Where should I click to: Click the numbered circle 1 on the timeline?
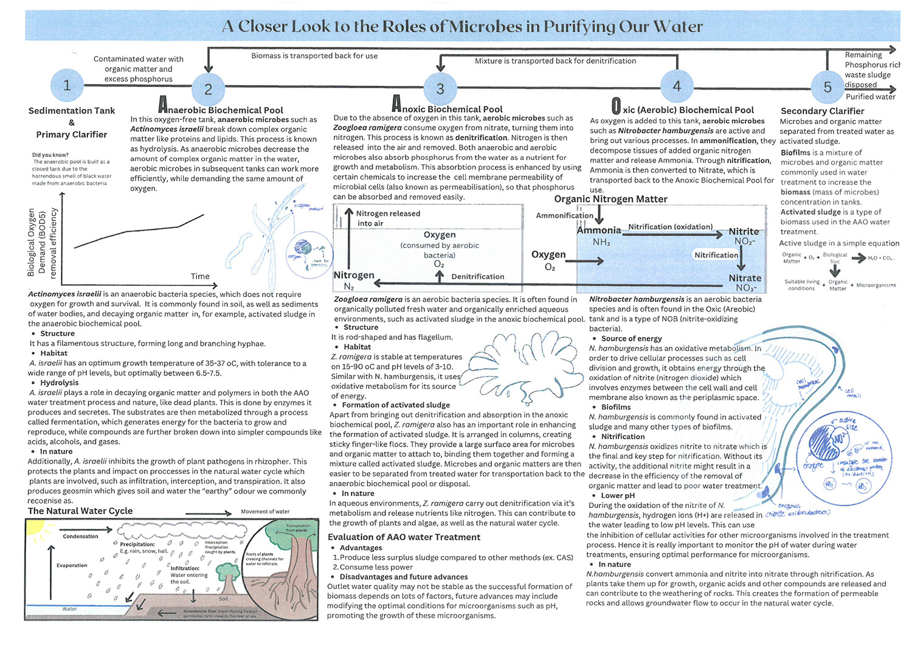pos(67,85)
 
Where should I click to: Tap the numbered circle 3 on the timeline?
pos(440,89)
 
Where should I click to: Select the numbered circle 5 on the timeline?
pos(827,88)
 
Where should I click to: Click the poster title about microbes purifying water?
pos(462,26)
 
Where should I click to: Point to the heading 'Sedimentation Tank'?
pos(72,111)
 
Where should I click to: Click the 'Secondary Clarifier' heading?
pos(822,111)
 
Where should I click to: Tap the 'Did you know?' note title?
pos(50,155)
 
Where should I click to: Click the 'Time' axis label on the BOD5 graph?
pos(200,276)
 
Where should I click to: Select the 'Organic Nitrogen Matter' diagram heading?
pos(610,199)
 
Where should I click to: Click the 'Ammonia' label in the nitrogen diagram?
pos(599,230)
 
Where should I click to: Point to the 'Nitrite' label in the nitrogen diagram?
pos(744,232)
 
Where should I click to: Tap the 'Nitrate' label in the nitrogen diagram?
pos(745,278)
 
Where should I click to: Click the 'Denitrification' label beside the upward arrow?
pos(477,276)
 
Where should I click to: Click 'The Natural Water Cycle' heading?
pos(80,511)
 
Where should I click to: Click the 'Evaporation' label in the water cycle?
pos(72,565)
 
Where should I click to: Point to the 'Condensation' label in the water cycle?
pos(80,536)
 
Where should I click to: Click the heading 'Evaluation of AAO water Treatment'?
pos(404,537)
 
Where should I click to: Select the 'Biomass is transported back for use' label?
pos(314,56)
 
